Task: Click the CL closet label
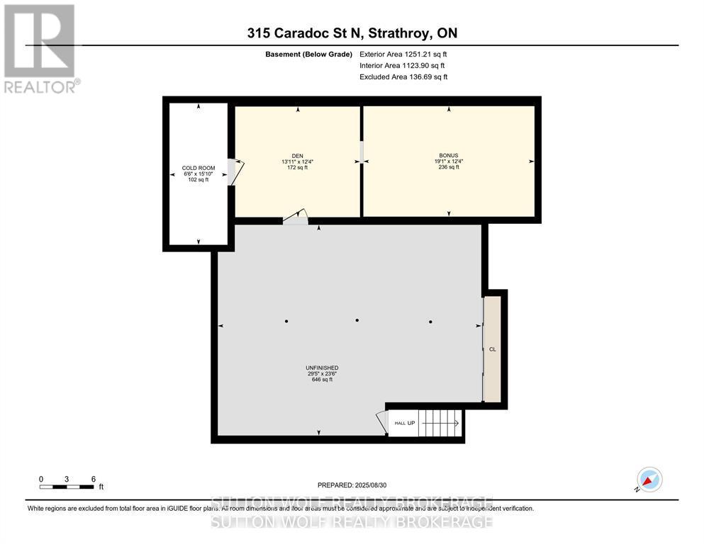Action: point(492,349)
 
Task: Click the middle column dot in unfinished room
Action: point(358,322)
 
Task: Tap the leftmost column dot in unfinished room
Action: point(286,322)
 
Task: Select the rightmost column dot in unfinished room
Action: point(430,322)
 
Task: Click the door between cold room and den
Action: point(234,172)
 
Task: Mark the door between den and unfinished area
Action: point(296,218)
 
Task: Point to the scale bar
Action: point(67,486)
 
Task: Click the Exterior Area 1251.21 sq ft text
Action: point(403,54)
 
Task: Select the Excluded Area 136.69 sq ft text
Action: point(403,76)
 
